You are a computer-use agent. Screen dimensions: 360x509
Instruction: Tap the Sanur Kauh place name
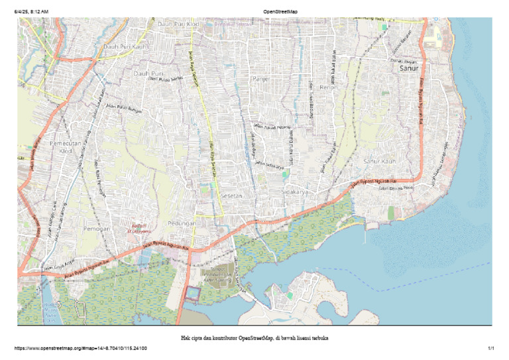(x=380, y=161)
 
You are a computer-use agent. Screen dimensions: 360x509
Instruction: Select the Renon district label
(x=329, y=87)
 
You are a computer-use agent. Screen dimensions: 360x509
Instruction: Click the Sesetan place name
(x=232, y=196)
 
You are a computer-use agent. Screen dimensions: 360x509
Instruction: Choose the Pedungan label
(x=182, y=223)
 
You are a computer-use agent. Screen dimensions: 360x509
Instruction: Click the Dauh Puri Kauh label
(x=123, y=47)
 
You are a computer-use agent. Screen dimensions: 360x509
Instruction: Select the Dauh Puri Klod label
(x=178, y=24)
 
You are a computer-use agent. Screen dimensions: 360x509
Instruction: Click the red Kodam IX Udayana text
(x=141, y=229)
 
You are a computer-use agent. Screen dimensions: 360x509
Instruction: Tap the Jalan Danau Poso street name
(x=396, y=188)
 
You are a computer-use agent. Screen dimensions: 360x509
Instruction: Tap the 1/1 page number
(x=492, y=348)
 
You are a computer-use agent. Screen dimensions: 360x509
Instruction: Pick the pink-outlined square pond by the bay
(x=192, y=293)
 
